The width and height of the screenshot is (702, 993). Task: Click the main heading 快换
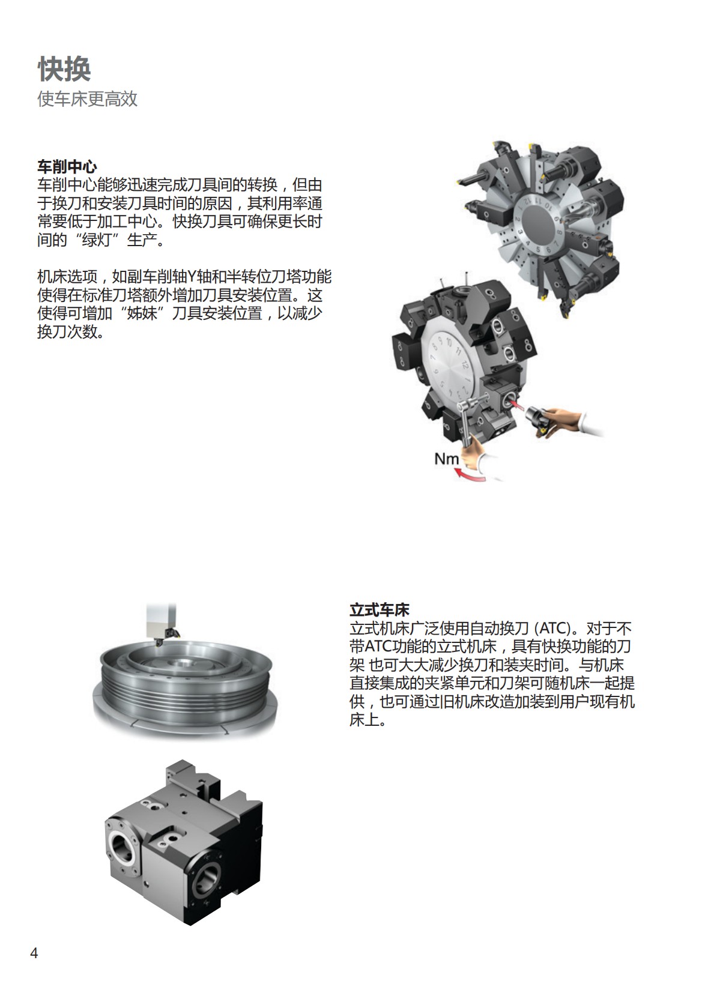click(x=64, y=70)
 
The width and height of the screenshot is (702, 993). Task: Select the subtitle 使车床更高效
click(x=88, y=99)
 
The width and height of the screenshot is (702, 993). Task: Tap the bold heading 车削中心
click(x=67, y=166)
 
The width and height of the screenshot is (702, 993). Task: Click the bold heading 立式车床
click(x=379, y=611)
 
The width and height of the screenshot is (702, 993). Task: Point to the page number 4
click(x=34, y=953)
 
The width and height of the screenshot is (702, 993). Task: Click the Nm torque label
click(x=446, y=459)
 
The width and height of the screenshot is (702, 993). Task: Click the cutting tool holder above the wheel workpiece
click(x=162, y=624)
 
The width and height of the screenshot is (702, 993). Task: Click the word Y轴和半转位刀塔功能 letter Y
click(x=193, y=277)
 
